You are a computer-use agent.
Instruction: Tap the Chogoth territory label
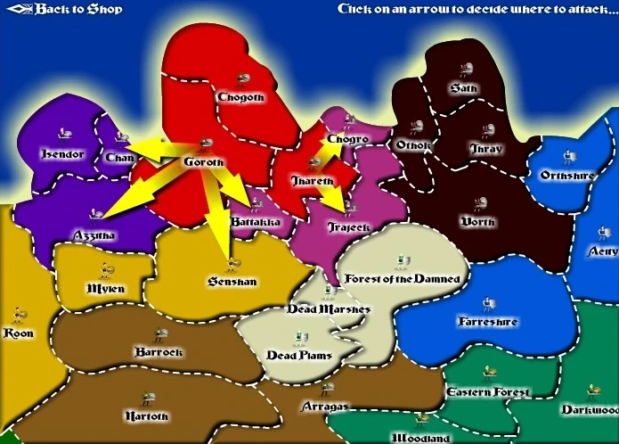[x=240, y=97]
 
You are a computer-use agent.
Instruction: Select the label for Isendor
[x=62, y=154]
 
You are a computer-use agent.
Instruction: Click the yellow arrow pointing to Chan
[x=140, y=149]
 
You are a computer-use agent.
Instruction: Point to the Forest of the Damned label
[x=403, y=279]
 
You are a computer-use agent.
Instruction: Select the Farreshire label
[x=488, y=321]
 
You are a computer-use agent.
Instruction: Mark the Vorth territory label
[x=478, y=221]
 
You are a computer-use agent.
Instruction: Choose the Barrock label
[x=158, y=351]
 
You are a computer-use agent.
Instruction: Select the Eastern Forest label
[x=487, y=392]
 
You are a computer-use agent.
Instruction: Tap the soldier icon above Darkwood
[x=591, y=390]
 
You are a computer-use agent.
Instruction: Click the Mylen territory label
[x=106, y=289]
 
